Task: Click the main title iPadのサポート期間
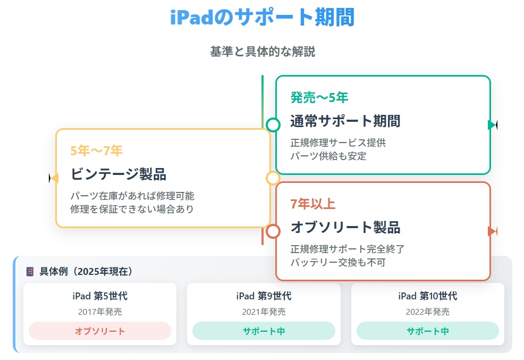click(x=263, y=17)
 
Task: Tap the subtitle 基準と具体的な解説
click(x=263, y=52)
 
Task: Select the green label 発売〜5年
click(x=319, y=97)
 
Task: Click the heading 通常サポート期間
click(x=345, y=121)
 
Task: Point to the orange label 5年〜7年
click(x=96, y=150)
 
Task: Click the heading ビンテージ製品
click(x=119, y=174)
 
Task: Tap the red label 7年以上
click(x=313, y=204)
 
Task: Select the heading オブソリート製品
click(x=345, y=227)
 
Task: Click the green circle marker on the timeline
click(x=273, y=124)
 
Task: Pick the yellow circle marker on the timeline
click(x=273, y=178)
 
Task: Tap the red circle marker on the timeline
click(x=273, y=231)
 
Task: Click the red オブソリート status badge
click(x=100, y=331)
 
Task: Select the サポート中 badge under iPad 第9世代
click(x=264, y=331)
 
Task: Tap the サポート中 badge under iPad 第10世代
click(x=428, y=331)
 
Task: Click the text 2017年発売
click(x=100, y=312)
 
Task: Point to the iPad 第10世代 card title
click(x=428, y=296)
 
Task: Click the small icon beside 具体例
click(x=30, y=271)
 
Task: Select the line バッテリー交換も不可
click(x=338, y=262)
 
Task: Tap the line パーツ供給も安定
click(x=328, y=156)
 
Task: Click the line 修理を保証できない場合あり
click(x=132, y=209)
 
